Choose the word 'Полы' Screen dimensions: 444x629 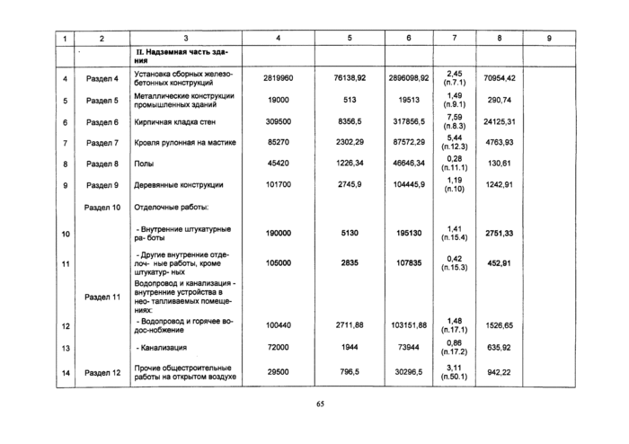pos(144,164)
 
